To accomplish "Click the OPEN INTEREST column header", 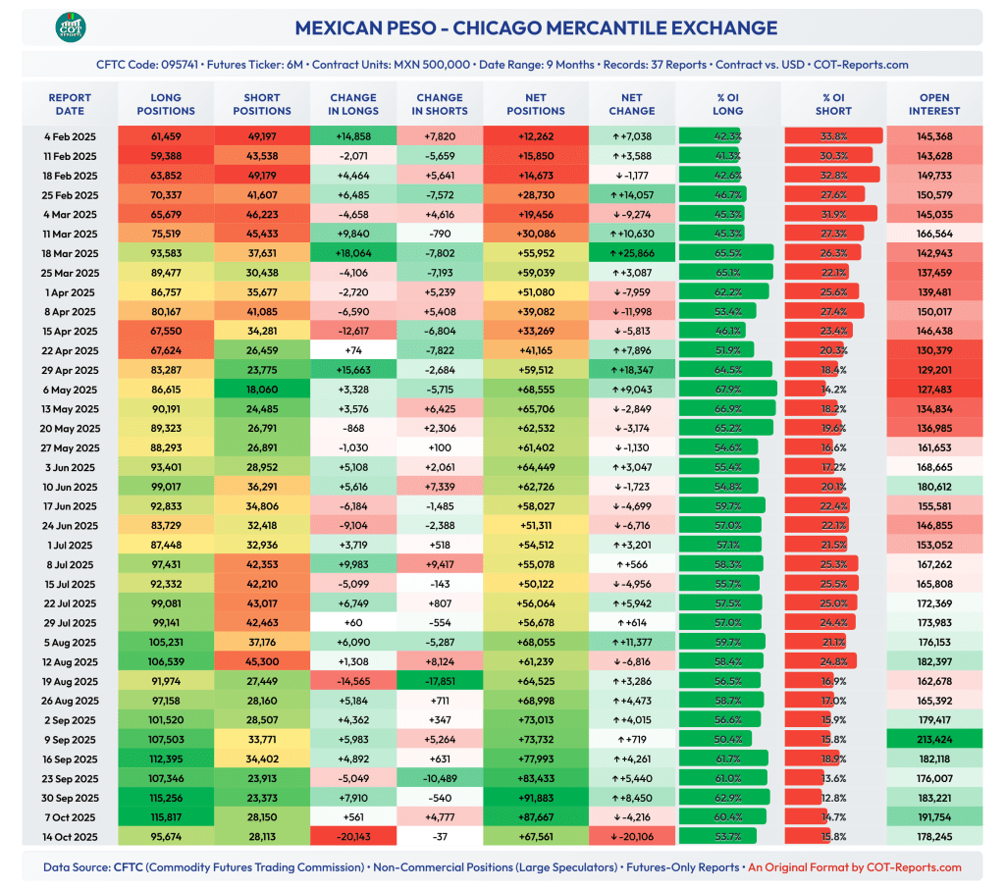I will (x=933, y=104).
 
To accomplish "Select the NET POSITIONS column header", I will (x=536, y=104).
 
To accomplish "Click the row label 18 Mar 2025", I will (x=70, y=253).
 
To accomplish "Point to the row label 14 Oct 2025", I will (x=70, y=837).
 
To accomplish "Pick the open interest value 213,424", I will (x=933, y=740).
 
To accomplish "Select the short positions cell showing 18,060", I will (x=261, y=390).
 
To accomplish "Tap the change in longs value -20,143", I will (x=353, y=837).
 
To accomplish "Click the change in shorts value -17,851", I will (x=440, y=681).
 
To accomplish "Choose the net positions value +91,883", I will (x=536, y=798).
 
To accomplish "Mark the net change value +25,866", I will (x=632, y=253).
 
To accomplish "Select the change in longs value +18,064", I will (x=353, y=253).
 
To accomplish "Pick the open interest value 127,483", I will (x=933, y=390).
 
